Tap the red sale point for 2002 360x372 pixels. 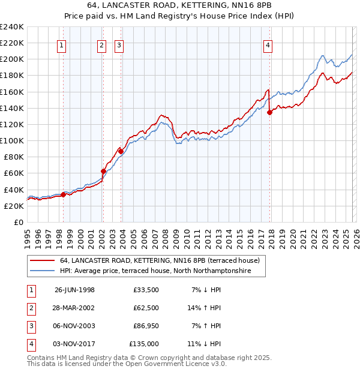click(x=103, y=172)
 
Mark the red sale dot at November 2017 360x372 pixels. click(x=269, y=112)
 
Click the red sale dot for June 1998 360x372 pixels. click(x=64, y=194)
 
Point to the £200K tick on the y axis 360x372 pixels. click(x=12, y=59)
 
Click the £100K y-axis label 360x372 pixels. click(x=12, y=140)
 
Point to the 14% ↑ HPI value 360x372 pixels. click(x=205, y=307)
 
